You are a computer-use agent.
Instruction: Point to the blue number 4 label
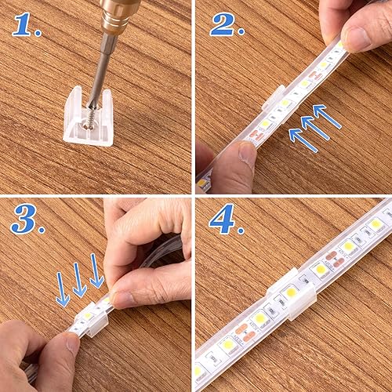tap(226, 221)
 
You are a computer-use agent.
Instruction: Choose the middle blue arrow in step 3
tap(80, 278)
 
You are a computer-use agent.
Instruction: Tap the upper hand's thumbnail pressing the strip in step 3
tap(122, 299)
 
